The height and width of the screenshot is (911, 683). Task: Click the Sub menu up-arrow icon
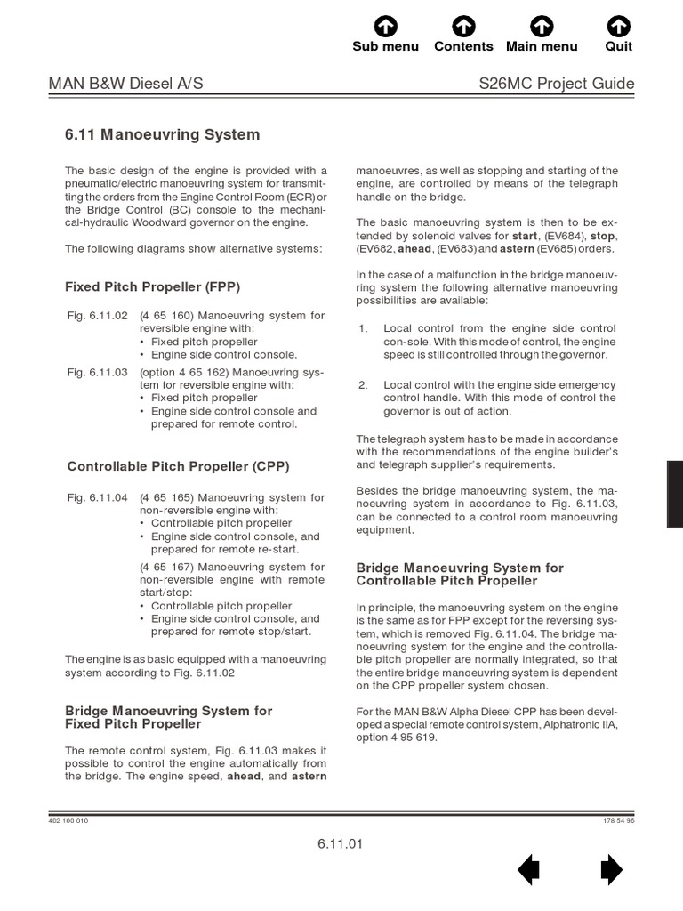pyautogui.click(x=385, y=26)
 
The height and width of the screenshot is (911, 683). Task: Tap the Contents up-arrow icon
pyautogui.click(x=463, y=26)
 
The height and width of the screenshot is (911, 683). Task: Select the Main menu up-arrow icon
pyautogui.click(x=542, y=26)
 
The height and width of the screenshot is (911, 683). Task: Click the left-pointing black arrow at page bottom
pyautogui.click(x=528, y=869)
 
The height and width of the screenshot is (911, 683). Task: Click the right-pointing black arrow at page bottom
pyautogui.click(x=612, y=869)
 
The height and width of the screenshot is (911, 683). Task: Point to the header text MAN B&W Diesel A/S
pyautogui.click(x=125, y=84)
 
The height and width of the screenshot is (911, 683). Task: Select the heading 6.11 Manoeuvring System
pyautogui.click(x=163, y=135)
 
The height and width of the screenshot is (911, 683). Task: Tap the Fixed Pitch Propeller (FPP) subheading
pyautogui.click(x=153, y=287)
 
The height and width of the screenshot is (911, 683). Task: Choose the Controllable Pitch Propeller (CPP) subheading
pyautogui.click(x=178, y=466)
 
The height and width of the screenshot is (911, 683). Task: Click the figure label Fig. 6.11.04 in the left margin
pyautogui.click(x=98, y=497)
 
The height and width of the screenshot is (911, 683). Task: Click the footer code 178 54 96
pyautogui.click(x=618, y=820)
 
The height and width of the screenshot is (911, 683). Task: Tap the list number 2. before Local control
pyautogui.click(x=363, y=385)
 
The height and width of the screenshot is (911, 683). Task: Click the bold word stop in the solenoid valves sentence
pyautogui.click(x=602, y=237)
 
